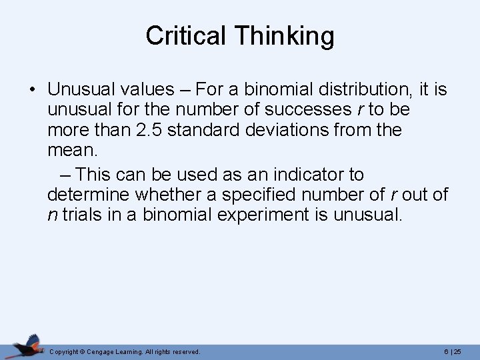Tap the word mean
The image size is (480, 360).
72,151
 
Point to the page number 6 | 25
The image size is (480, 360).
451,351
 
